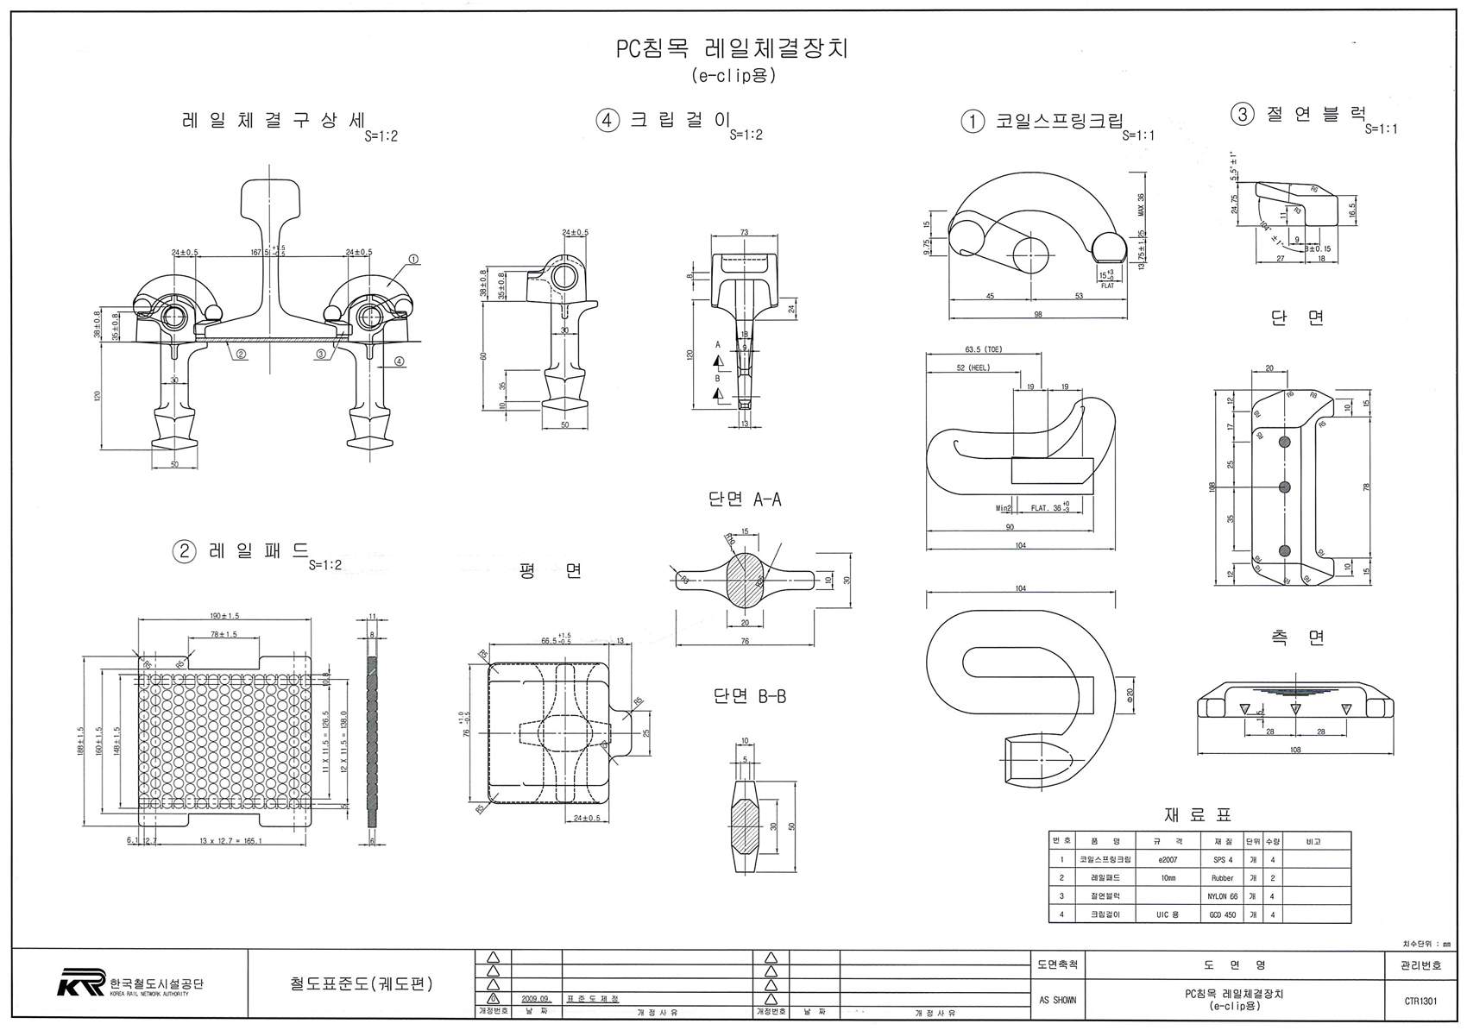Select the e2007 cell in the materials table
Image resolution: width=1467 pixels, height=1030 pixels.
pos(1168,860)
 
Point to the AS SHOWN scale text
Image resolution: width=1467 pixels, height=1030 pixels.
pos(1057,1001)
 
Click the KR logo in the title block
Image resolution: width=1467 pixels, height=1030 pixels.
pos(81,983)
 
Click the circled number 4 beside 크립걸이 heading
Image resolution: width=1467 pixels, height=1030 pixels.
pos(608,121)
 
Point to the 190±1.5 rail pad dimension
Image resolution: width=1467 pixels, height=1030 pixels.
pos(224,616)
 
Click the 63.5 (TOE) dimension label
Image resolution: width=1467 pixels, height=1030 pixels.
pos(984,349)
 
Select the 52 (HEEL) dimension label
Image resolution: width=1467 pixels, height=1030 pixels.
pos(973,367)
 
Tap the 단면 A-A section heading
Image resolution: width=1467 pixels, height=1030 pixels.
pos(745,499)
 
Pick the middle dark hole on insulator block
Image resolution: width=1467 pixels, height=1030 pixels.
pos(1284,487)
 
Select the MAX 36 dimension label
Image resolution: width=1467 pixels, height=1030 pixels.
pos(1141,204)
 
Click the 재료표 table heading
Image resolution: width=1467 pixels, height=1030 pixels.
pos(1199,814)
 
